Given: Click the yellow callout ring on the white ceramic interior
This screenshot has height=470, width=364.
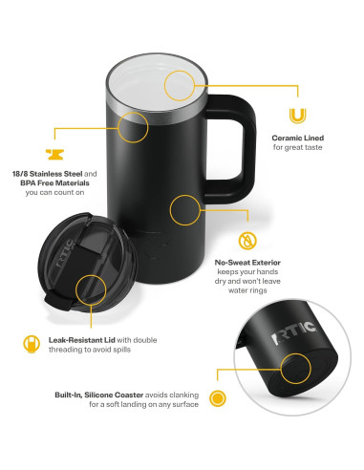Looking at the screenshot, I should [181, 86].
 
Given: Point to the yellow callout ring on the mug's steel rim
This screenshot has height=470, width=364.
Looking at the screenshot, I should [133, 127].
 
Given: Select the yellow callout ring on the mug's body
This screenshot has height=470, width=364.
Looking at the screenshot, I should [185, 211].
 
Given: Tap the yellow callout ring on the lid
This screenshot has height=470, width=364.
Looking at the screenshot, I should [90, 288].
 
